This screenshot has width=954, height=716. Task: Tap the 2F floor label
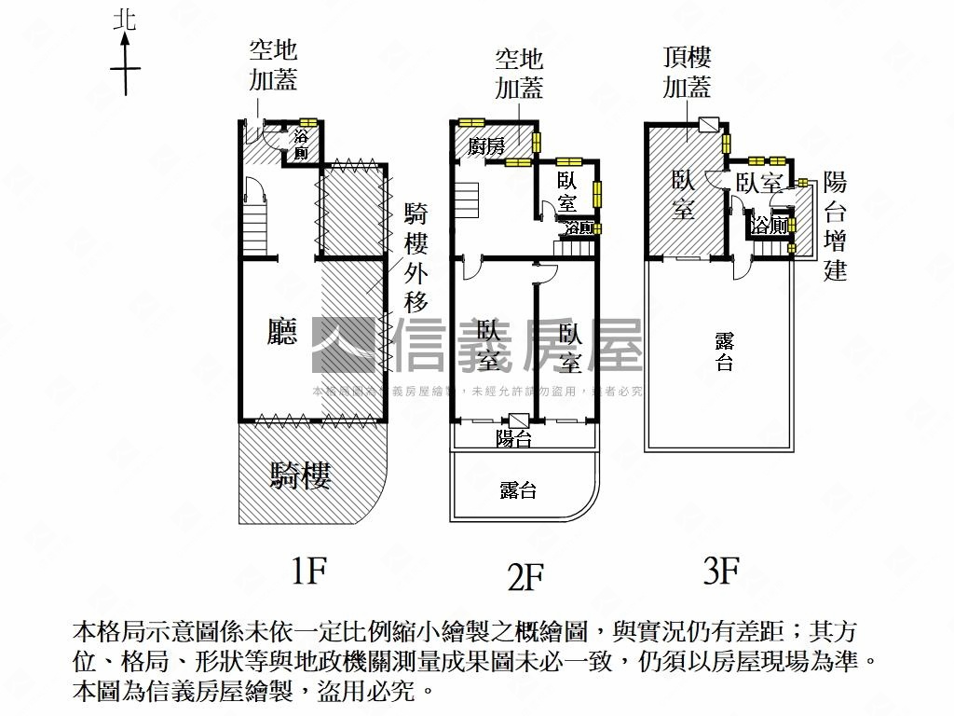pos(525,578)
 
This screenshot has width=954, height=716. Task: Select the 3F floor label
pos(721,570)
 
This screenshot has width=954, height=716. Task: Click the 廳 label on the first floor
pos(281,332)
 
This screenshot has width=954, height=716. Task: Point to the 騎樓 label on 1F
pos(300,476)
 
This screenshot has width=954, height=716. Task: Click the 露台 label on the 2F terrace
pos(518,490)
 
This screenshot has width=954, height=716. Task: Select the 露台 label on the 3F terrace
pos(724,351)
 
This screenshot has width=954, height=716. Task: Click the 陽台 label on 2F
pos(513,438)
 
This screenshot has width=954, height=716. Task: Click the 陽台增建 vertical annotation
pos(836,226)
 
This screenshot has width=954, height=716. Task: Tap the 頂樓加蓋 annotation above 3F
pos(688,73)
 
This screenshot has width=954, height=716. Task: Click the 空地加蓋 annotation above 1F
pos(273,65)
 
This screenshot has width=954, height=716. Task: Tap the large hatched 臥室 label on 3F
pos(683,194)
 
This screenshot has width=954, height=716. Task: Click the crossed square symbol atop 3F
pos(708,125)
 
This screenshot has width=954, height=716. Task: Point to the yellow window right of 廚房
pos(537,142)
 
